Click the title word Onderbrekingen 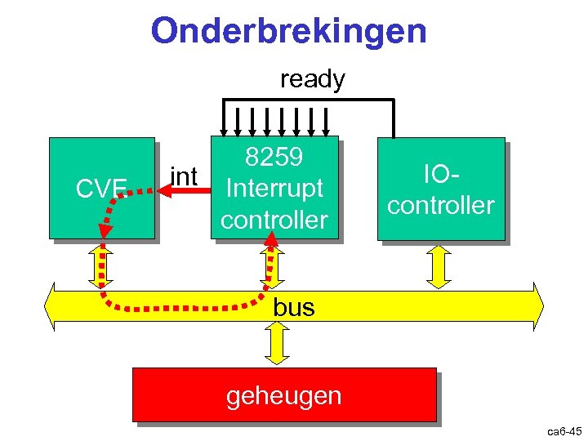[288, 32]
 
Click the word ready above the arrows [312, 79]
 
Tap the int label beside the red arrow [184, 176]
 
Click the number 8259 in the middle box [274, 157]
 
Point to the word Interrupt [274, 189]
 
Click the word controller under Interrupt [274, 220]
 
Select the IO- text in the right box [441, 173]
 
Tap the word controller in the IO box [441, 205]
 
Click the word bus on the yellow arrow [294, 308]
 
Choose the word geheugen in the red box [283, 396]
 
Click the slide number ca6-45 [564, 430]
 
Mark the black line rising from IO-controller [394, 118]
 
